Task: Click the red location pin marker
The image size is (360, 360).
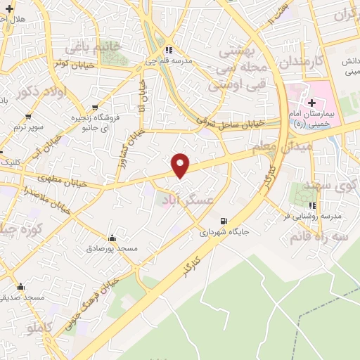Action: tap(181, 165)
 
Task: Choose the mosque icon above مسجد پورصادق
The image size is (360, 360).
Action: tap(112, 238)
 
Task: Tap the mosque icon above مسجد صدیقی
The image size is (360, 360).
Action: tap(21, 287)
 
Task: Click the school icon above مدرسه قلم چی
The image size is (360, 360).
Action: tap(168, 50)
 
